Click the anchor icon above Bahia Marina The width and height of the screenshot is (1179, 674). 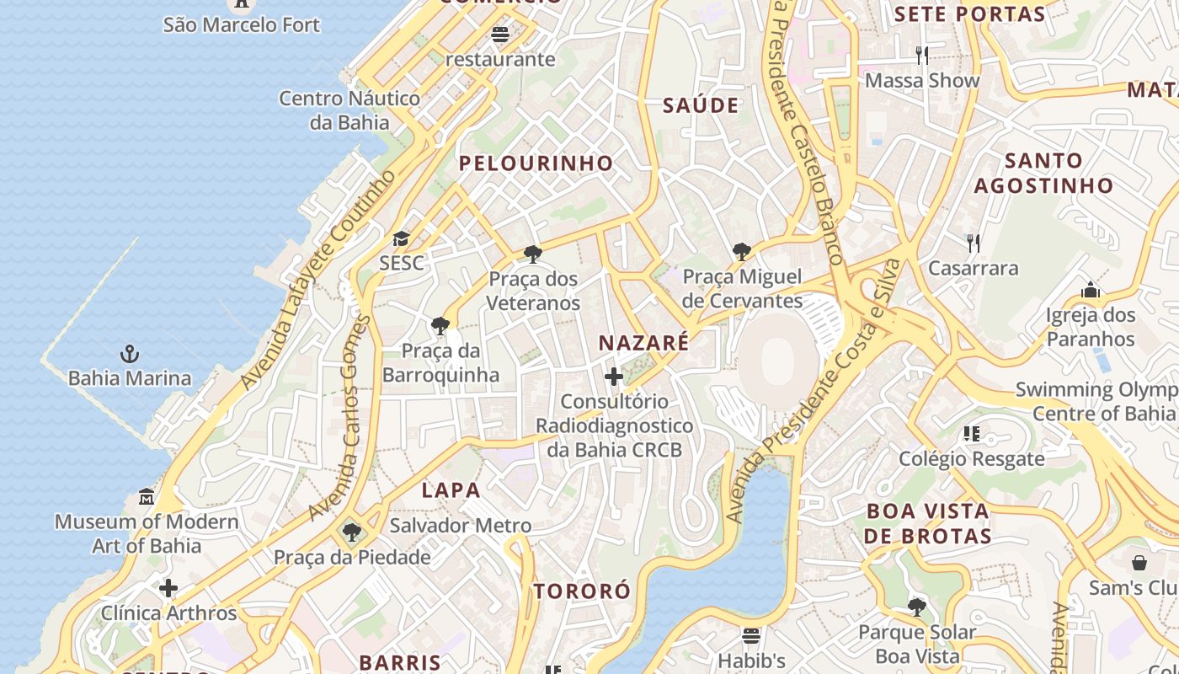pos(130,354)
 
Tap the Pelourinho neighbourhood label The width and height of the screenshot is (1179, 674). pos(536,163)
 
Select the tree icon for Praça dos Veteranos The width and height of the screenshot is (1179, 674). pos(532,254)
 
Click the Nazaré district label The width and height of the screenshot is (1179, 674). pos(643,343)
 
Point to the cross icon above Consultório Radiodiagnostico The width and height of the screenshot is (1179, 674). pos(614,377)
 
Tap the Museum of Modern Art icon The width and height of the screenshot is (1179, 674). pos(147,496)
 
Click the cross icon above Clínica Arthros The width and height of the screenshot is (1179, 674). pos(168,587)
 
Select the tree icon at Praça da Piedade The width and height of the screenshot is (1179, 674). pos(351,532)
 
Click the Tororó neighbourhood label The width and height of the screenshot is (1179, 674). pos(582,591)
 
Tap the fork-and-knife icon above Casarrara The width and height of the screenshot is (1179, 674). pos(973,243)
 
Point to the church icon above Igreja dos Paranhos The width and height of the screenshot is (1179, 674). pos(1091,291)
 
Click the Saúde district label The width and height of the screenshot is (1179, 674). pos(700,106)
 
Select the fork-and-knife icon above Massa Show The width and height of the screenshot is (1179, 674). pos(922,56)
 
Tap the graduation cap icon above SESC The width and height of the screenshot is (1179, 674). pos(401,239)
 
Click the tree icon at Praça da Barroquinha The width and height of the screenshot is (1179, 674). pos(440,326)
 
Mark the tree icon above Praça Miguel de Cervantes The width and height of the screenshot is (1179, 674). pos(742,252)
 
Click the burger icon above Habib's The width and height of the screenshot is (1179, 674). pos(751,635)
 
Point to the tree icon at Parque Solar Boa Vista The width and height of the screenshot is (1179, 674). pos(917,607)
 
